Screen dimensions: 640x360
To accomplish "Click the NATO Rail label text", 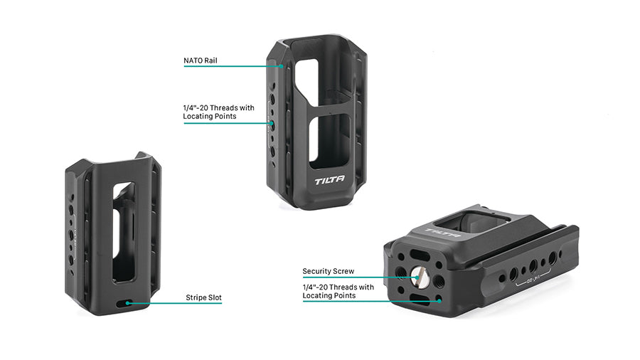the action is pyautogui.click(x=200, y=60).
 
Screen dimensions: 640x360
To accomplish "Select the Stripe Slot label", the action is pyautogui.click(x=203, y=297).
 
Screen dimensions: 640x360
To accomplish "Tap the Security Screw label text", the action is pyautogui.click(x=328, y=271).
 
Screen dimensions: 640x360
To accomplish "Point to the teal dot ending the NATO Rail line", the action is pyautogui.click(x=281, y=65).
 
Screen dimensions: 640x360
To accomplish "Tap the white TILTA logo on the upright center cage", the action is pyautogui.click(x=329, y=180).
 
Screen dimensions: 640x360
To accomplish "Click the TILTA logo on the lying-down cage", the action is pyautogui.click(x=443, y=233).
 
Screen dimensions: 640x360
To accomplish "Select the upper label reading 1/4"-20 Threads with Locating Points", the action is pyautogui.click(x=218, y=112).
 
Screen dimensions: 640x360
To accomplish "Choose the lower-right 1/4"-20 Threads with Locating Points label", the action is pyautogui.click(x=338, y=291).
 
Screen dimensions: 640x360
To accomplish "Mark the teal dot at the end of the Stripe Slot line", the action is pyautogui.click(x=128, y=303).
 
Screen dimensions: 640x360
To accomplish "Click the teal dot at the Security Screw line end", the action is pyautogui.click(x=417, y=277).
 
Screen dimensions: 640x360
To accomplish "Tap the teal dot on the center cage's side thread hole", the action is pyautogui.click(x=271, y=123).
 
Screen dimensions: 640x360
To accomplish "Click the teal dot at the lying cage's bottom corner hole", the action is pyautogui.click(x=439, y=301).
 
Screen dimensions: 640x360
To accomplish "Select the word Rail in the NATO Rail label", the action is pyautogui.click(x=210, y=60).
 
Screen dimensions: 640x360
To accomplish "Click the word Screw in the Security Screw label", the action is pyautogui.click(x=343, y=271).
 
